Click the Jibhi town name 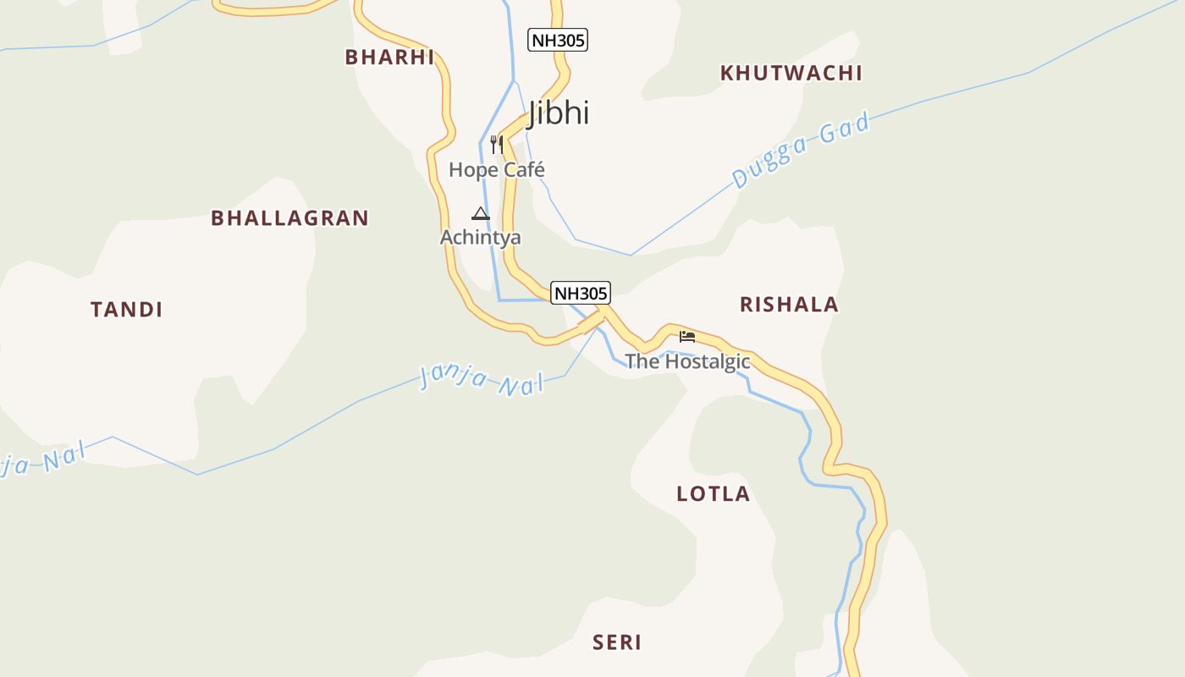[x=559, y=113]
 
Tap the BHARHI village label [x=389, y=57]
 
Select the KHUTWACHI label [x=791, y=73]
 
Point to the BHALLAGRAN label [x=289, y=217]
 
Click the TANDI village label [x=127, y=309]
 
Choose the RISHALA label [x=789, y=304]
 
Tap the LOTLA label [x=713, y=493]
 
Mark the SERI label [x=617, y=642]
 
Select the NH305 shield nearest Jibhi [x=557, y=40]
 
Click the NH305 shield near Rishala [x=580, y=293]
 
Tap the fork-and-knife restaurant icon [x=497, y=145]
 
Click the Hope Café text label [x=496, y=169]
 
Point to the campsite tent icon [x=481, y=213]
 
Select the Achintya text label [x=480, y=237]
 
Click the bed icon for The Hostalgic [x=687, y=336]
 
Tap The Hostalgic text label [x=687, y=361]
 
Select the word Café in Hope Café [x=524, y=169]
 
